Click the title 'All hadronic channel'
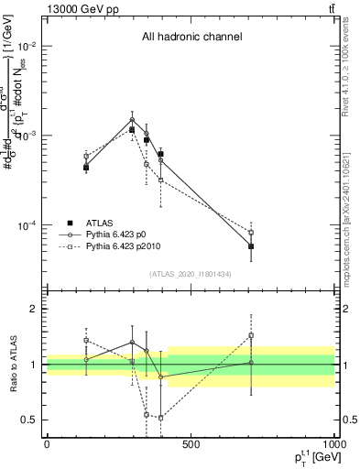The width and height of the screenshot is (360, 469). click(x=191, y=38)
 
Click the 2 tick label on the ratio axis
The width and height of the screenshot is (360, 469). click(x=33, y=309)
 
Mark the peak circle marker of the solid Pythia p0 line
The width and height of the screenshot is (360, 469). click(x=132, y=119)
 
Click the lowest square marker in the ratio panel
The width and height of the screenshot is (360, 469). click(x=160, y=418)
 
